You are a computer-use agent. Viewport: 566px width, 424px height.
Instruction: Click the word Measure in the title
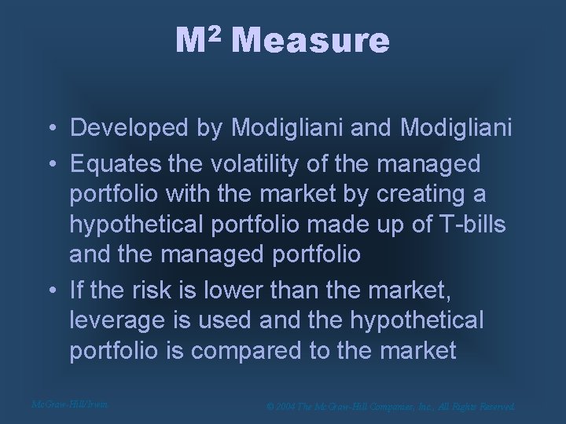click(x=310, y=41)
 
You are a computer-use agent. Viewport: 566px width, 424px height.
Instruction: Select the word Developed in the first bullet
click(x=118, y=127)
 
